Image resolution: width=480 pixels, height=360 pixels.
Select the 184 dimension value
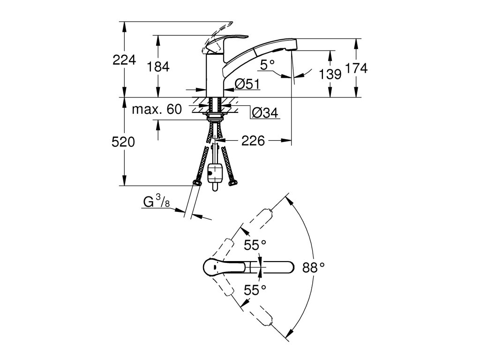click(158, 66)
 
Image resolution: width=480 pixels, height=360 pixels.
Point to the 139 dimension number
click(330, 74)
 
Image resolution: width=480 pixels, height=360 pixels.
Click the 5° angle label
click(268, 65)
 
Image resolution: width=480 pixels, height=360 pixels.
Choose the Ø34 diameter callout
click(265, 112)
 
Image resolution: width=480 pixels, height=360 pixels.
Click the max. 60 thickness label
click(157, 109)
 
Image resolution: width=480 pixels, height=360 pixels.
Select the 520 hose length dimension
click(123, 142)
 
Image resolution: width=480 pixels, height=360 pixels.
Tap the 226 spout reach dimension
click(253, 141)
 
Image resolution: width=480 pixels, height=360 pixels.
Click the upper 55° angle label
click(255, 245)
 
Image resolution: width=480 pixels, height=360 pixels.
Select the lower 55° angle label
click(255, 290)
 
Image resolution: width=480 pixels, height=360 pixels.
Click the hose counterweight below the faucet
click(216, 175)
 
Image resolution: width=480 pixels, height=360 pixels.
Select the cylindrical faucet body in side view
click(216, 75)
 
